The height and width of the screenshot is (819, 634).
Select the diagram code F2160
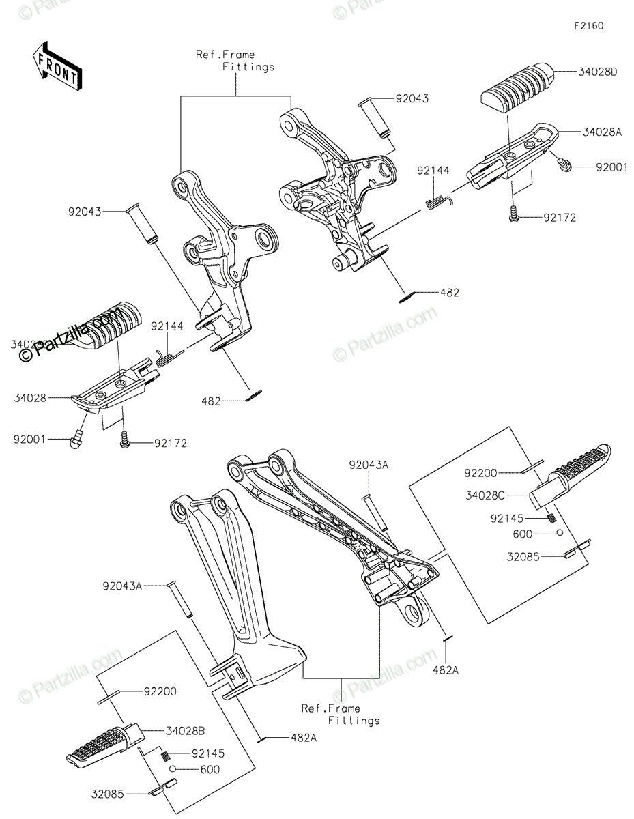pyautogui.click(x=588, y=27)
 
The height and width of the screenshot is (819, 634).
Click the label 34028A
pyautogui.click(x=603, y=132)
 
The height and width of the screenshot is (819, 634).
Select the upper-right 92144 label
pyautogui.click(x=433, y=170)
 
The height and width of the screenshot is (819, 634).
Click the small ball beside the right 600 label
pyautogui.click(x=558, y=533)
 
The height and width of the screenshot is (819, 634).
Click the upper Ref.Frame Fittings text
pyautogui.click(x=235, y=61)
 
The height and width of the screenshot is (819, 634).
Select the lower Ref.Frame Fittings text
pyautogui.click(x=341, y=714)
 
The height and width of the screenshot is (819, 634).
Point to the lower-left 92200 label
pyautogui.click(x=160, y=691)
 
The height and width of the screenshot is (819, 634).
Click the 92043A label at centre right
pyautogui.click(x=369, y=465)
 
